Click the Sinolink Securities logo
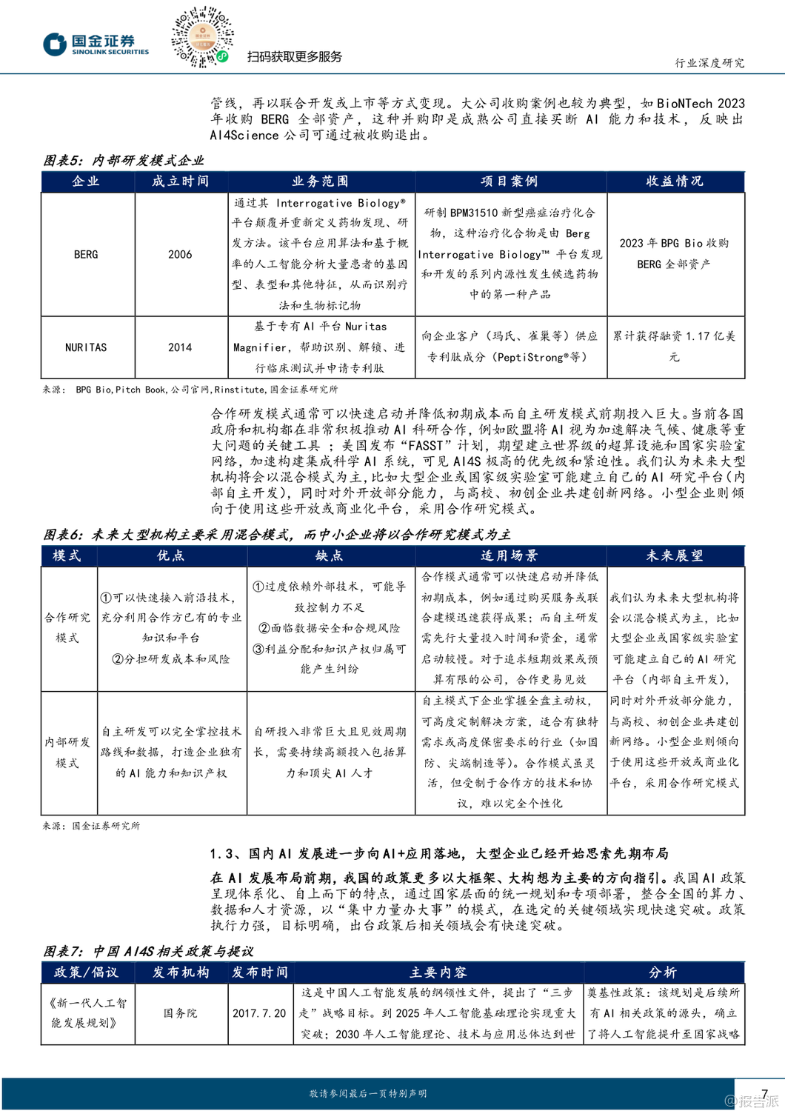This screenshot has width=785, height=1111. click(96, 44)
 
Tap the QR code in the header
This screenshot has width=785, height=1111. click(202, 37)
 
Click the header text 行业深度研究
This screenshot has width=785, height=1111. click(709, 63)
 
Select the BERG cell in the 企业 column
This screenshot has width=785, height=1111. click(86, 254)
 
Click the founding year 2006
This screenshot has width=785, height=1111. click(180, 254)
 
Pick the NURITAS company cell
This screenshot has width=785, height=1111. click(86, 347)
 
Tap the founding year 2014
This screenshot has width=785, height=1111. click(180, 347)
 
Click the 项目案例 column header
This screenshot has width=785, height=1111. click(510, 181)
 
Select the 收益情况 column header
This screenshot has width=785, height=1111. click(675, 181)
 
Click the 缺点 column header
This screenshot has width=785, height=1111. click(330, 555)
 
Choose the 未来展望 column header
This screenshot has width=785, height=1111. click(675, 555)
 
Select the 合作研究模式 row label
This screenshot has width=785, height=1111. click(67, 627)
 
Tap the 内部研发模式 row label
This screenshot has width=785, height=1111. click(67, 752)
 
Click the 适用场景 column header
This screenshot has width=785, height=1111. click(510, 555)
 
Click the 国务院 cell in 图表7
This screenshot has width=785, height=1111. click(180, 1012)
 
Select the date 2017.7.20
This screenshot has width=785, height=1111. click(259, 1012)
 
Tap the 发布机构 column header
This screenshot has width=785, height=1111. click(181, 972)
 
